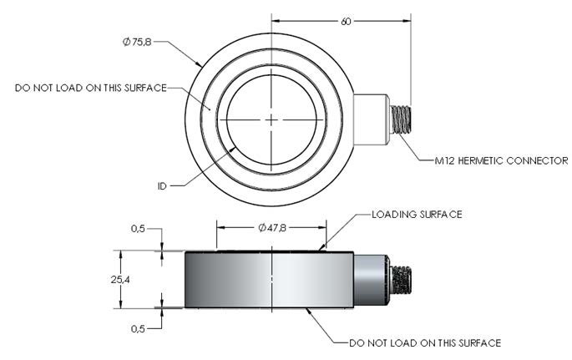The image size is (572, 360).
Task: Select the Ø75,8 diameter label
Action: pyautogui.click(x=136, y=40)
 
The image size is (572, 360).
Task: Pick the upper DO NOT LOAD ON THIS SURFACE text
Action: pyautogui.click(x=91, y=87)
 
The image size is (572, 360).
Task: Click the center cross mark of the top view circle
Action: pyautogui.click(x=271, y=120)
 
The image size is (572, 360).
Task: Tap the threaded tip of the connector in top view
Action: pyautogui.click(x=401, y=119)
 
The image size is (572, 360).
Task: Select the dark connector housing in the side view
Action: pyautogui.click(x=372, y=280)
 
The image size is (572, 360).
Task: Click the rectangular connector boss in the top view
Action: pyautogui.click(x=372, y=119)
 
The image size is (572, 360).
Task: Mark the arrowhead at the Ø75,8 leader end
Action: pyautogui.click(x=200, y=63)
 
